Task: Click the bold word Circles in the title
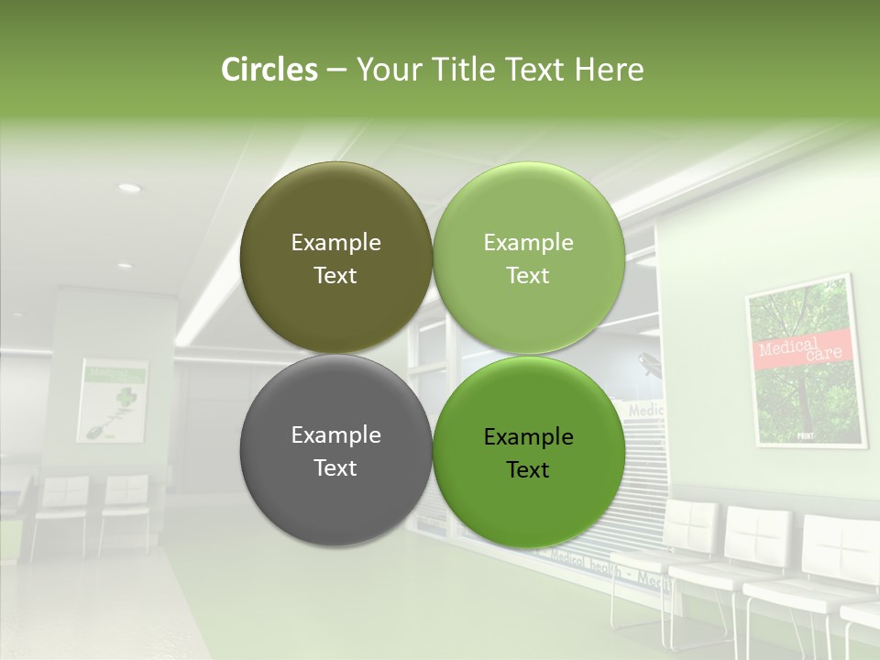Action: point(269,70)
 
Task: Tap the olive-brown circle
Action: point(335,258)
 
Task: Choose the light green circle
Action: point(528,258)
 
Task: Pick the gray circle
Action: point(335,451)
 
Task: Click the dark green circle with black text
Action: point(528,451)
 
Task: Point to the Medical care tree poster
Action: point(806,361)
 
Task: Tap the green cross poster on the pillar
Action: point(113,400)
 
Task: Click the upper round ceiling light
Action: point(129,188)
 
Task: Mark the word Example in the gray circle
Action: point(335,435)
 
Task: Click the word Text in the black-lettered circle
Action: point(528,470)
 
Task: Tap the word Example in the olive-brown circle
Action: point(335,243)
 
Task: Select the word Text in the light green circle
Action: point(528,276)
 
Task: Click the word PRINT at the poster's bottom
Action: point(806,436)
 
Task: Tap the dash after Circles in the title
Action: point(336,70)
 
